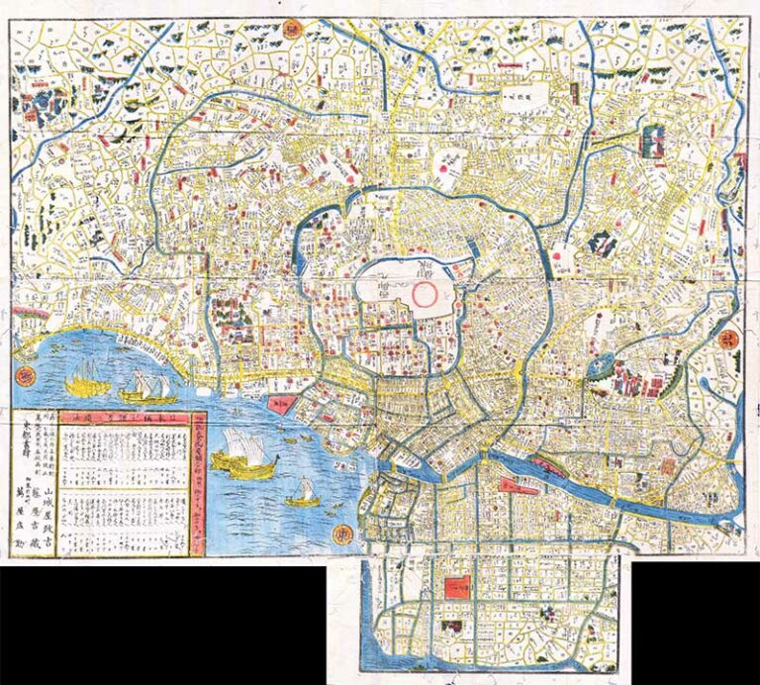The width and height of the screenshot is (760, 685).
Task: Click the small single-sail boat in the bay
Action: (x=304, y=492)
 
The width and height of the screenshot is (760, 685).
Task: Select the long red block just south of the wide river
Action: (x=519, y=485)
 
